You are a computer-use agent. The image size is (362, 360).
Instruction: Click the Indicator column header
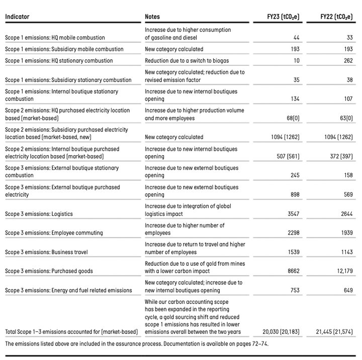17,17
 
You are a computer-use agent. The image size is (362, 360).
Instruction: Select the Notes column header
152,17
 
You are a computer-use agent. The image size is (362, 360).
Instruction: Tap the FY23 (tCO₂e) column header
283,17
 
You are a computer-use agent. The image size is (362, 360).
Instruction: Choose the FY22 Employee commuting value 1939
345,233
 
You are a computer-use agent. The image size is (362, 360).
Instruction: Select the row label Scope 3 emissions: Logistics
39,214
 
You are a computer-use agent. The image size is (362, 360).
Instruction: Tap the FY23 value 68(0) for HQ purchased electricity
292,118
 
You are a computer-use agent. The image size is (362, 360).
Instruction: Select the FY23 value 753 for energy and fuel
295,290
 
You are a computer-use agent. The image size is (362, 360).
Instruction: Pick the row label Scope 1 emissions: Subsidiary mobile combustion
64,49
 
